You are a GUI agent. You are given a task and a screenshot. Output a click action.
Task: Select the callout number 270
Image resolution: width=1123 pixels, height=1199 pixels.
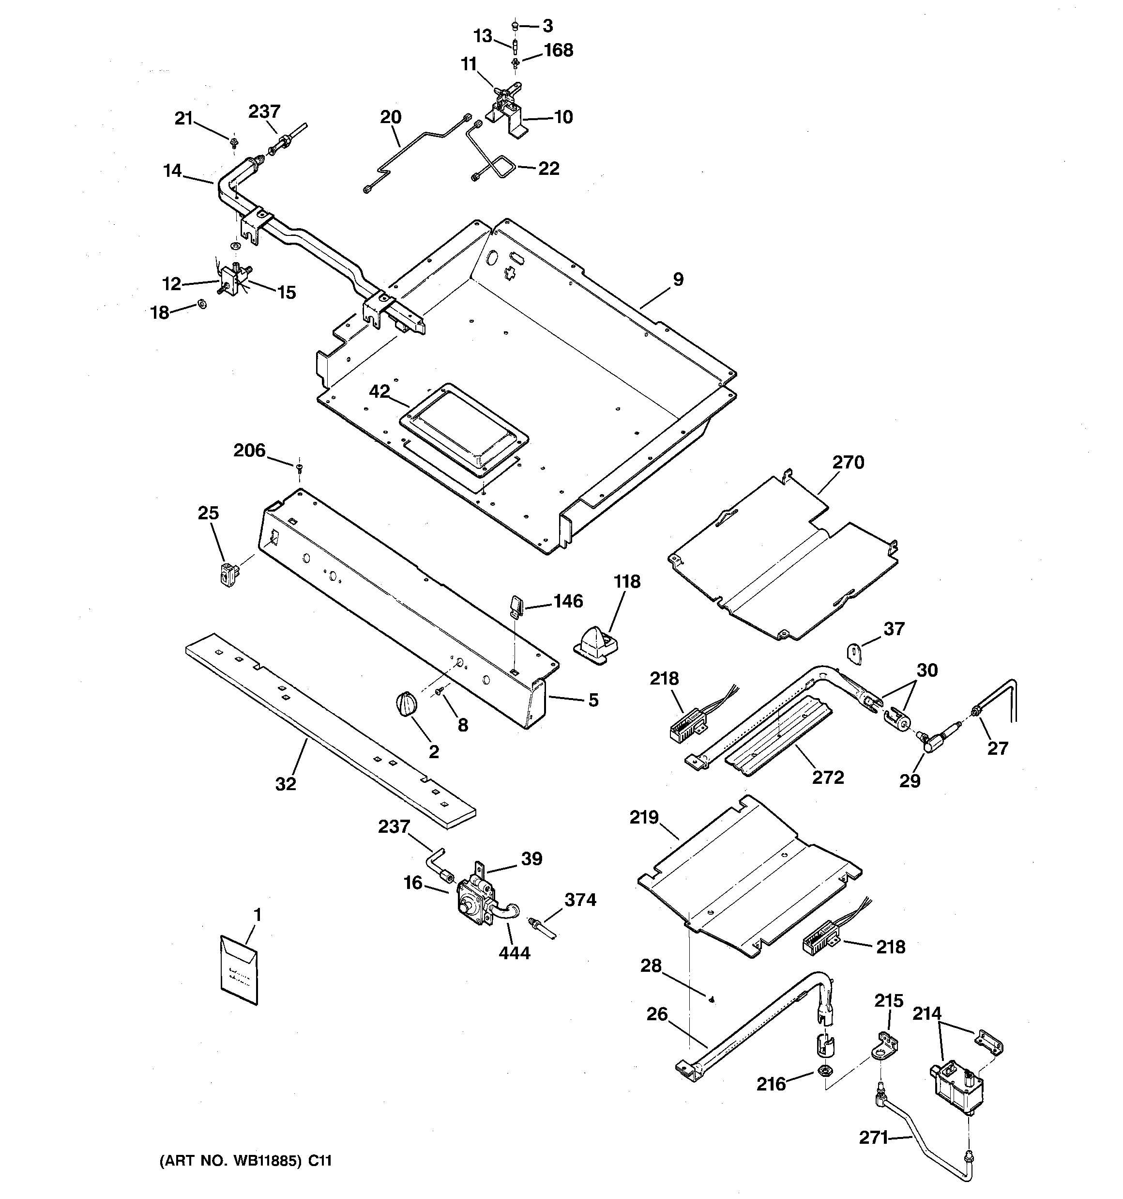tap(848, 463)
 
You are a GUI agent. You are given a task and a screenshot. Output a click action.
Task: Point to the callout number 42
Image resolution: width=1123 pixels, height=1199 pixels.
tap(379, 391)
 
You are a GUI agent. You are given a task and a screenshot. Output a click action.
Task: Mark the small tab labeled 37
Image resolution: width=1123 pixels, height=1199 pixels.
tap(855, 653)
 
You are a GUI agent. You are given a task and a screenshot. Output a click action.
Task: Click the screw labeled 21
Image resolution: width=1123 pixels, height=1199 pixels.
tap(233, 143)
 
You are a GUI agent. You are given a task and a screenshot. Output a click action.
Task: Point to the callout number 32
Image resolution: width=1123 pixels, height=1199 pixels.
tap(285, 783)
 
